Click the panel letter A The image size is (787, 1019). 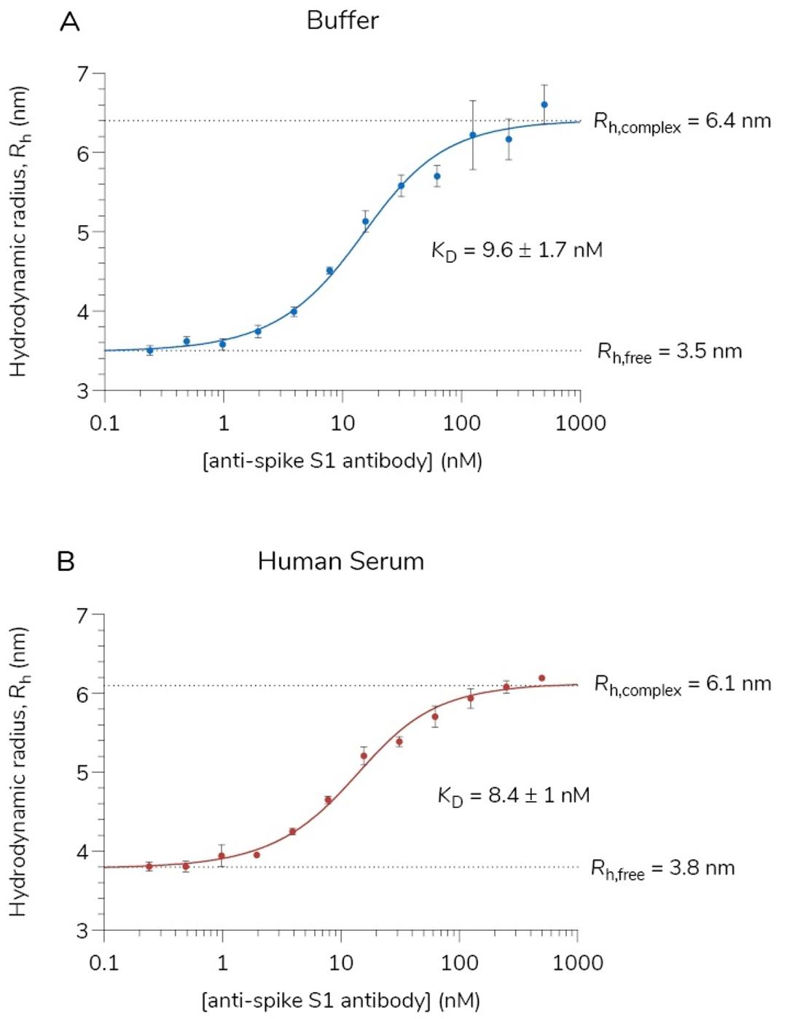click(x=69, y=22)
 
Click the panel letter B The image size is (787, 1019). click(x=66, y=562)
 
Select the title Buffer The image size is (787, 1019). click(x=342, y=20)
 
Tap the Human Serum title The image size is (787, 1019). click(x=340, y=562)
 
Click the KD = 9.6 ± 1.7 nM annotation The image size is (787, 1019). click(x=517, y=251)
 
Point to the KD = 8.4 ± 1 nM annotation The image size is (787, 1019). click(x=513, y=795)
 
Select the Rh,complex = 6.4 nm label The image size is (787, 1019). click(x=682, y=122)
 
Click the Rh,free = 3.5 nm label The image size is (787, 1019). click(x=670, y=352)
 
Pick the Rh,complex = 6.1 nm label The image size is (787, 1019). click(x=682, y=685)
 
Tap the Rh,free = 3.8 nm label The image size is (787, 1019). click(x=662, y=869)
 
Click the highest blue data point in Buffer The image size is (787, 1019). click(x=544, y=104)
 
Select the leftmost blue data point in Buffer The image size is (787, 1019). click(x=150, y=350)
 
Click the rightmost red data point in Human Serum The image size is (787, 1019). click(x=541, y=678)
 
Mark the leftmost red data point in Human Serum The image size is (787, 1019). click(x=149, y=866)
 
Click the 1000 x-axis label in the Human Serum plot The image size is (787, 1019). click(x=577, y=963)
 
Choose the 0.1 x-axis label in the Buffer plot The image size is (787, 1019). click(x=104, y=423)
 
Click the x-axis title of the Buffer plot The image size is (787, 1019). click(x=342, y=461)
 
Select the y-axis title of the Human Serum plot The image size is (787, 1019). click(x=18, y=771)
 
